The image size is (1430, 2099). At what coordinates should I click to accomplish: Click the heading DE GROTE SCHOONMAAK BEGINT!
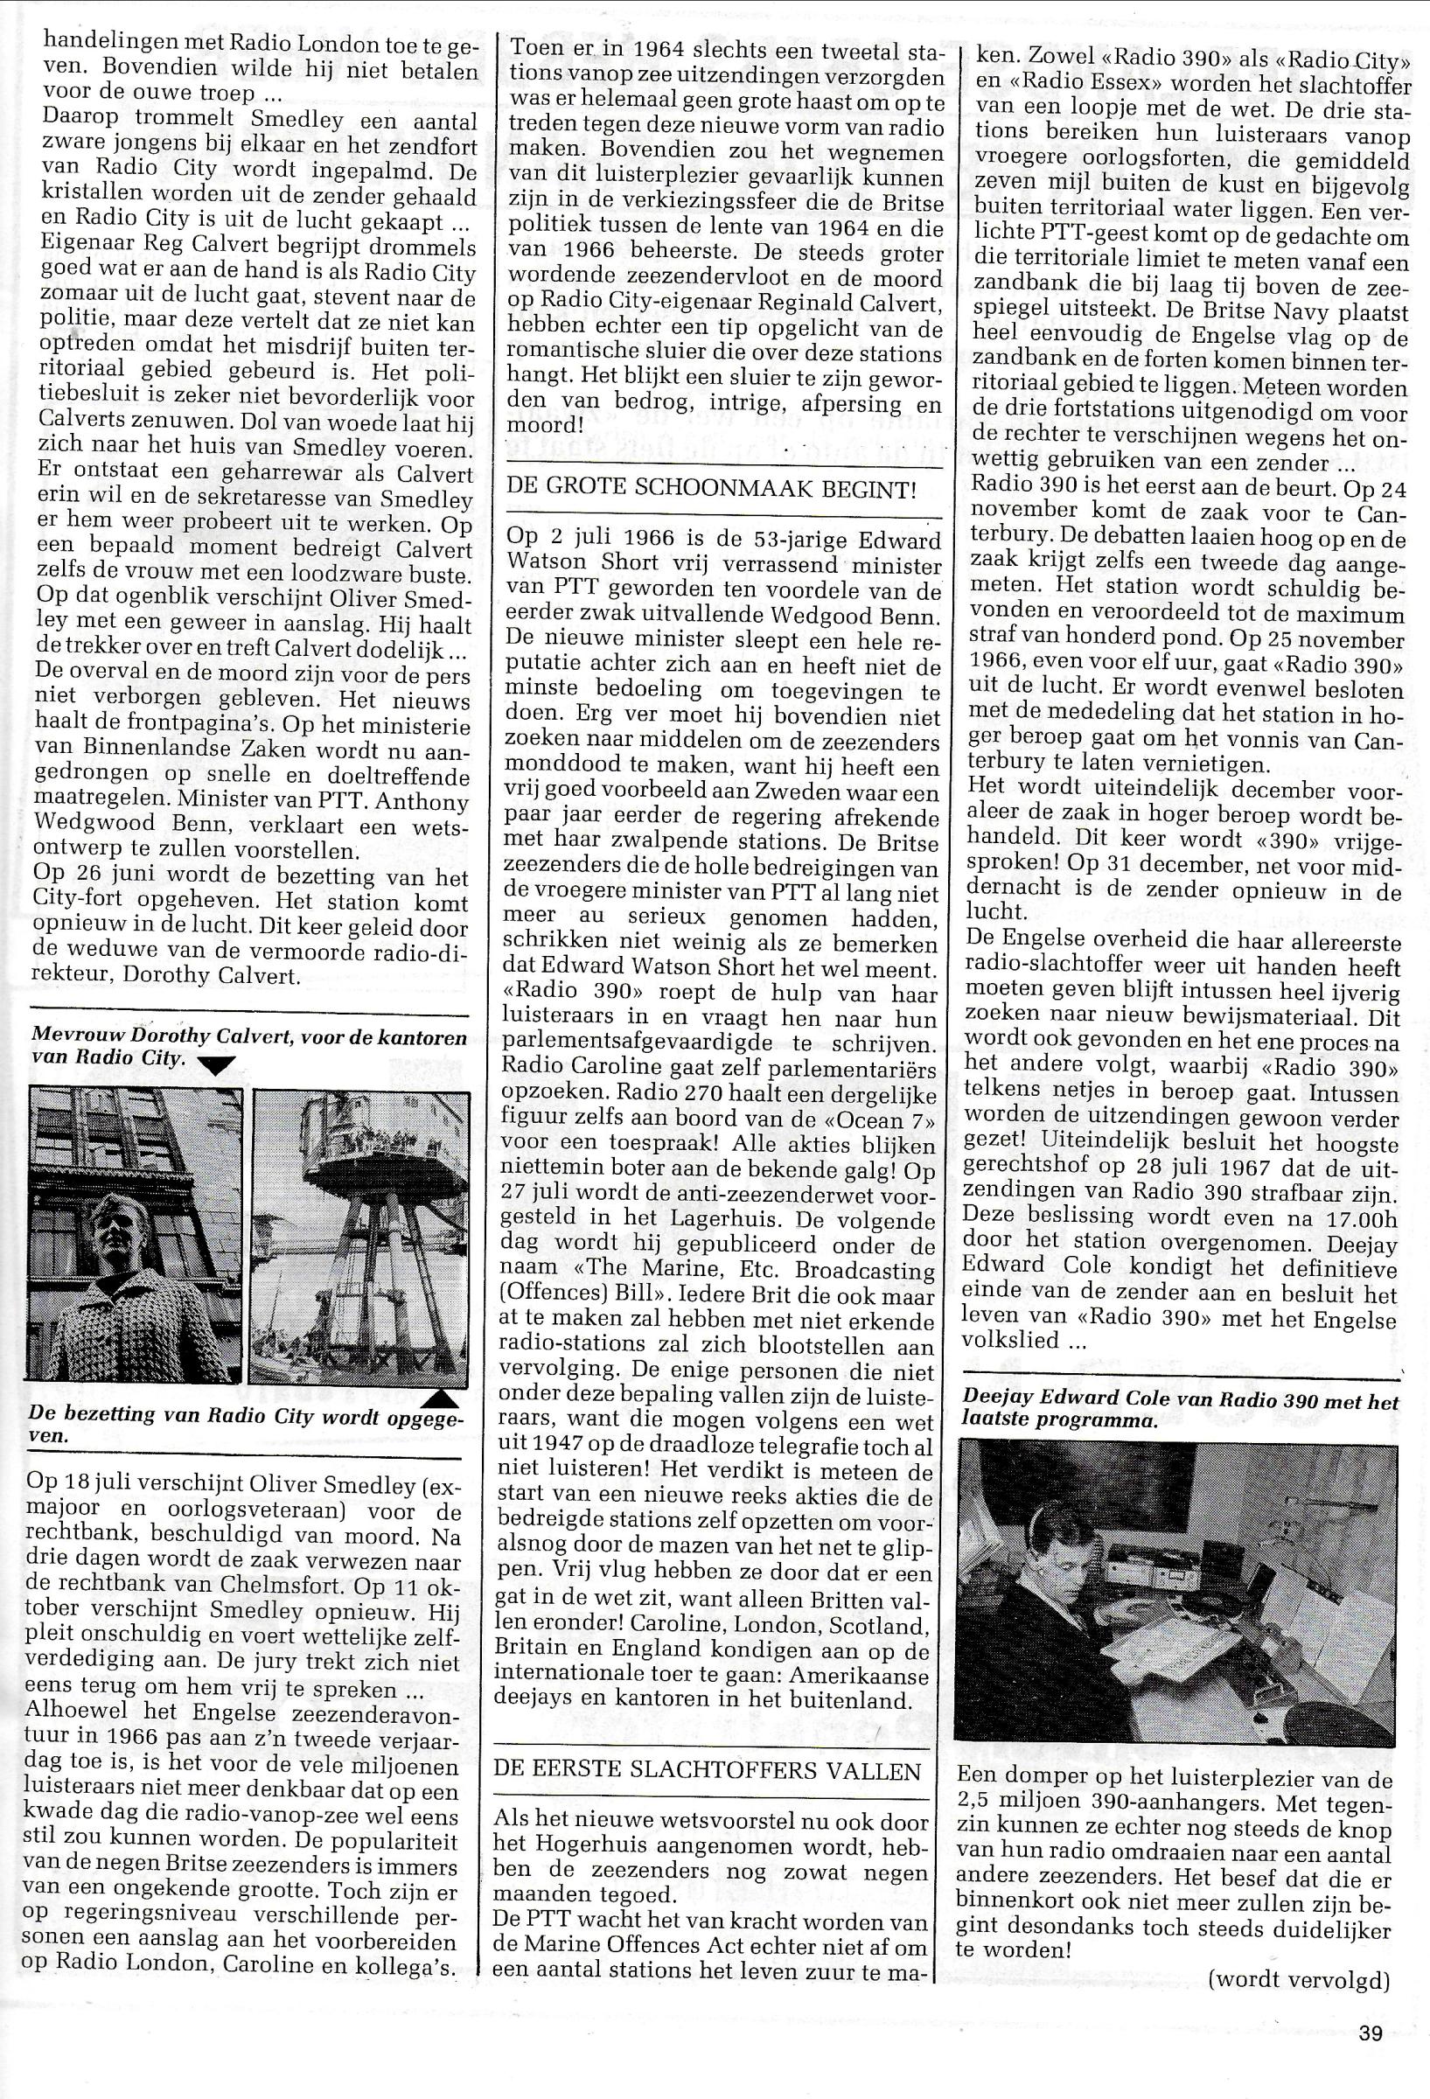(711, 490)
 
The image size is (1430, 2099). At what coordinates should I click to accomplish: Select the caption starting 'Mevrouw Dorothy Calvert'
(248, 1048)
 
